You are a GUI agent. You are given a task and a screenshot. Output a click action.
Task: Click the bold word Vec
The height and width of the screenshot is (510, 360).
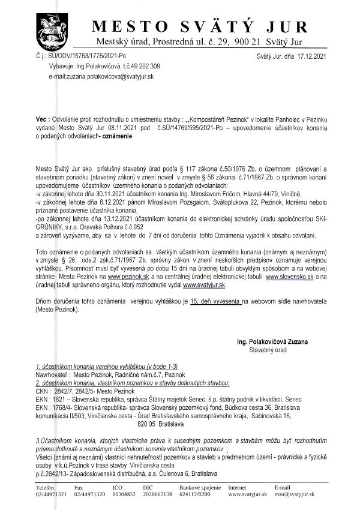(43, 120)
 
